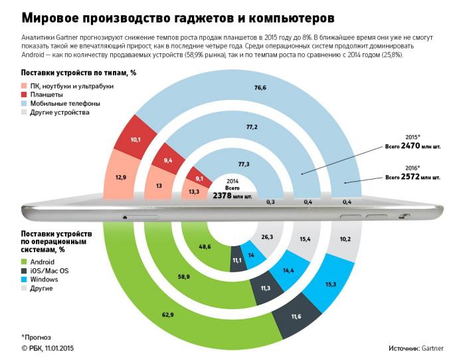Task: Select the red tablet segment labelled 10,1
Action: point(136,140)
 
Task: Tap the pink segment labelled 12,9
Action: point(120,177)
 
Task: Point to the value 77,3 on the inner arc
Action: point(244,164)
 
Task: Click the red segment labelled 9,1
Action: point(199,178)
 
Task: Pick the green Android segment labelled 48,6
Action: point(205,246)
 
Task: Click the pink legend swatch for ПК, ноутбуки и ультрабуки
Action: point(25,87)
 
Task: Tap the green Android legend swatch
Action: point(25,263)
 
